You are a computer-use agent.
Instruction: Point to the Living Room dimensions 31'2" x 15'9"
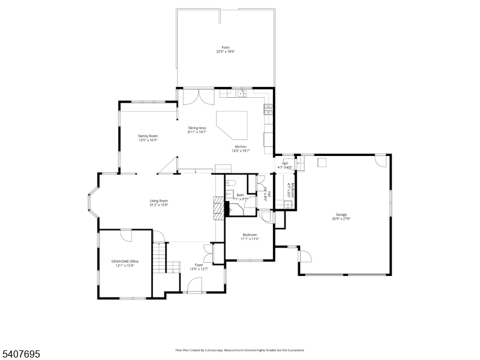(159, 205)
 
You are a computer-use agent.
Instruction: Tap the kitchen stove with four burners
(268, 110)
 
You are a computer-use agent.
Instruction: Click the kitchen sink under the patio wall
(242, 93)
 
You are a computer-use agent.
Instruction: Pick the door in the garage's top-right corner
(380, 160)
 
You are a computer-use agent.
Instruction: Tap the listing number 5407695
(21, 355)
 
